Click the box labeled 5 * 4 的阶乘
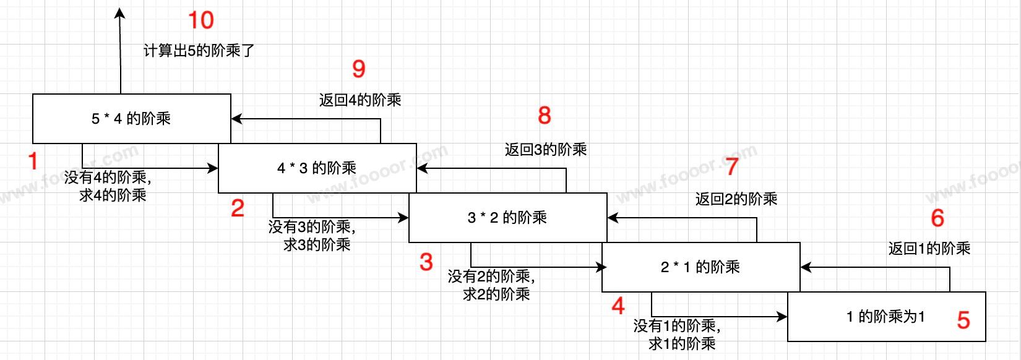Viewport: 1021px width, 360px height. coord(131,119)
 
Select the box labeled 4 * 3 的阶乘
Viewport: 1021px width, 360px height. coord(317,168)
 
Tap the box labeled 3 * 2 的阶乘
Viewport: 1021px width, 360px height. coord(507,218)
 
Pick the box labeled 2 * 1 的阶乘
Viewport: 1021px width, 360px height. coord(700,267)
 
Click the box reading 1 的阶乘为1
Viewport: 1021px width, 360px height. coord(886,317)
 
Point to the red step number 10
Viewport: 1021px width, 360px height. coord(201,20)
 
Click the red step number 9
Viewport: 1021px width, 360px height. coord(359,69)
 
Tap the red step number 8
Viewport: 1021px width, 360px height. coord(545,115)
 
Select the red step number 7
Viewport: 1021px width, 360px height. coord(732,166)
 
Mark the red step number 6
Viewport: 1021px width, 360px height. coord(937,218)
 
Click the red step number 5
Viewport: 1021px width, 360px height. coord(963,320)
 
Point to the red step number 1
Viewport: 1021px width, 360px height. coord(33,161)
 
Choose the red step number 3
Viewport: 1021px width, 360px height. coord(426,262)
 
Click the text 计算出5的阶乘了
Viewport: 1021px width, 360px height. coord(199,51)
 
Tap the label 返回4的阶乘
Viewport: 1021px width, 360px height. coord(360,100)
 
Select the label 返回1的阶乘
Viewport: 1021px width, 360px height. coord(929,249)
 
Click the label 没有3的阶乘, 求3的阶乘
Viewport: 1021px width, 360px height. coord(313,236)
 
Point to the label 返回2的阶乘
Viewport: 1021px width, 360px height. coord(736,199)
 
